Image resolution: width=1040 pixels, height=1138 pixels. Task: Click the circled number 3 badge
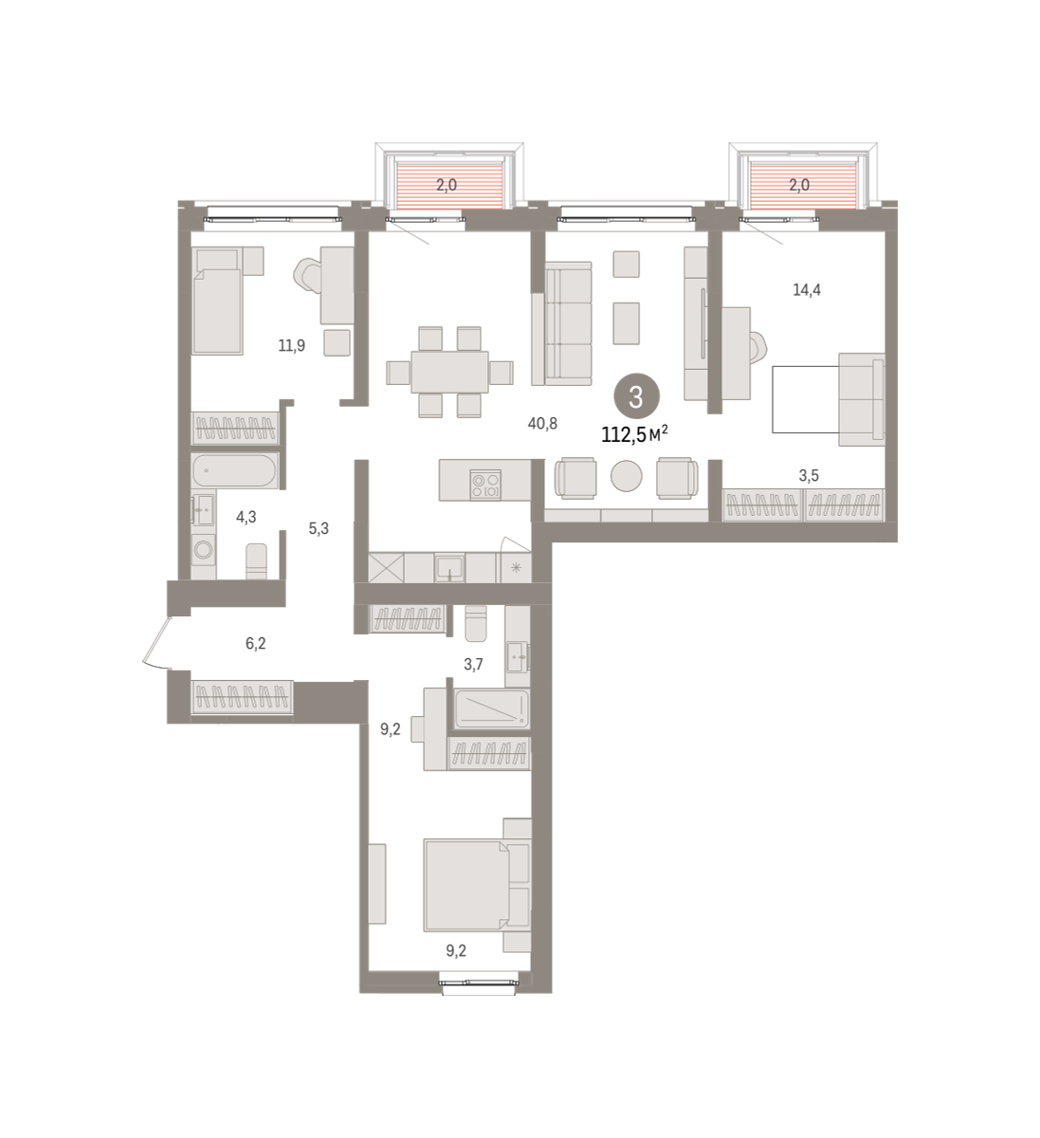635,396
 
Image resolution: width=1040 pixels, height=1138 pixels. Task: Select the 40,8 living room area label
542,423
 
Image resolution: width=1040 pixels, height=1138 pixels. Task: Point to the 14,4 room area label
807,290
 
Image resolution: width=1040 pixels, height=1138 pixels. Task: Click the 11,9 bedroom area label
292,345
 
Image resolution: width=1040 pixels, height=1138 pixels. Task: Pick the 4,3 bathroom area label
246,517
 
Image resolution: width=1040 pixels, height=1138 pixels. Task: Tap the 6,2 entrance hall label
255,643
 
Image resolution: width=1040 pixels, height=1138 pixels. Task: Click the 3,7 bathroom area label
473,664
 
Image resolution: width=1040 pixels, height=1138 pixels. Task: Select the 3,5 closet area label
809,475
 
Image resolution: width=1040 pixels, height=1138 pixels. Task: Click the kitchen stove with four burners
485,485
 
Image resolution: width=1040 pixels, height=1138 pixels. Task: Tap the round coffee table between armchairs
627,475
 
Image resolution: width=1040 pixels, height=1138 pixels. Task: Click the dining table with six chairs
450,372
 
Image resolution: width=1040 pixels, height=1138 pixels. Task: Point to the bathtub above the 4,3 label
234,470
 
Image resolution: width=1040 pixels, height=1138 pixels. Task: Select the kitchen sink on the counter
450,568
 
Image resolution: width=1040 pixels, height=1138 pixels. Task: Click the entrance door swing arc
154,644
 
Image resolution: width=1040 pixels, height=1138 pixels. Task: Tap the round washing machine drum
203,548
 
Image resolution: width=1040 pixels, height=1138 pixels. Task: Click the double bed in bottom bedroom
477,893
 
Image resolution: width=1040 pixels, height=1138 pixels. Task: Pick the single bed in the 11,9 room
218,301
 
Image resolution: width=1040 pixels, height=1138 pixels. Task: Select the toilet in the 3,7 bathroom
475,623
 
